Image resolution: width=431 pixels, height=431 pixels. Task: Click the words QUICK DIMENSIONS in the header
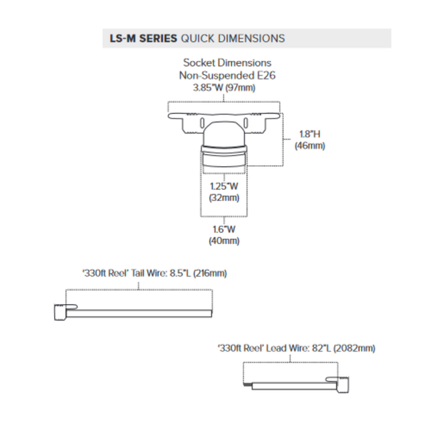pos(232,38)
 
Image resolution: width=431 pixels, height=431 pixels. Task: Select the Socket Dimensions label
pos(227,63)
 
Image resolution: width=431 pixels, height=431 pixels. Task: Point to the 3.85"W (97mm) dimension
pos(224,87)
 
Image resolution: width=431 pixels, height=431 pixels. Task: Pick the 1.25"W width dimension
pos(224,187)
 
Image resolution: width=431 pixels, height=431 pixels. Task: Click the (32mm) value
pos(224,198)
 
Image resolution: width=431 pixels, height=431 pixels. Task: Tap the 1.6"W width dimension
pos(224,229)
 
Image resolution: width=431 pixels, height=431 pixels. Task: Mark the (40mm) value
pos(224,241)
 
